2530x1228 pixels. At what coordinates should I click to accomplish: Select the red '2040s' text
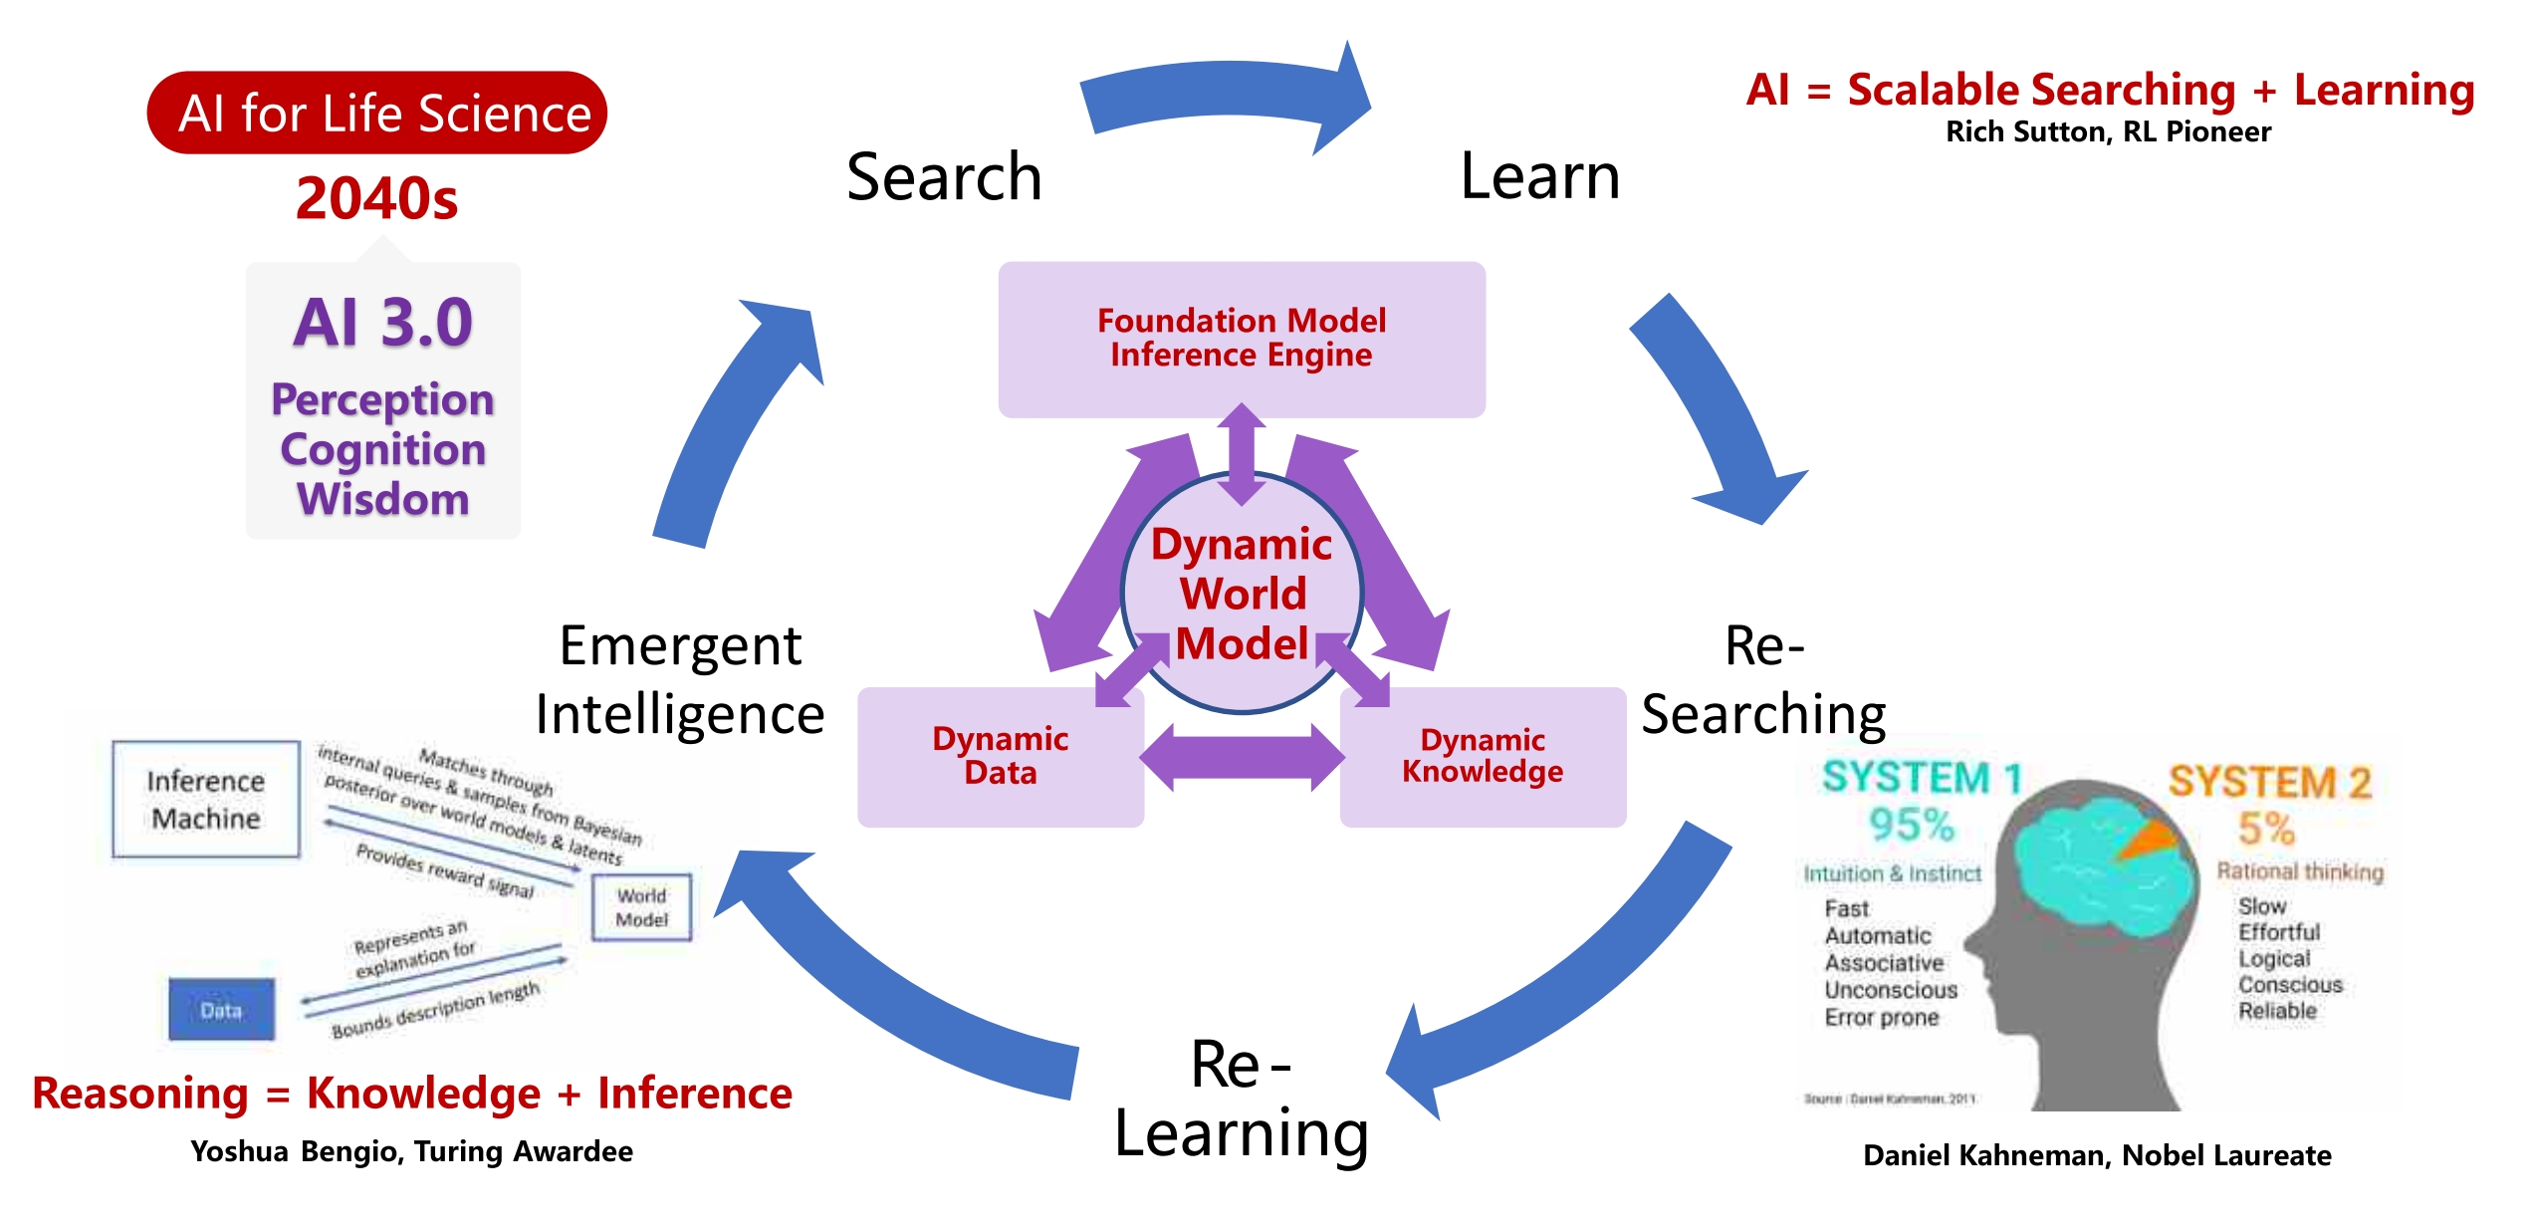tap(376, 198)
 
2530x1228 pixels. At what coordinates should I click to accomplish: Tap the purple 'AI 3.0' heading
tap(383, 323)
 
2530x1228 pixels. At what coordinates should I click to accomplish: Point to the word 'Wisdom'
tap(383, 499)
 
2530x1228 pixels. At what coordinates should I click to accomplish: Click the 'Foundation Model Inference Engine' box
tap(1241, 339)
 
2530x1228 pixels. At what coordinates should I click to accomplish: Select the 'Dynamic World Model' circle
tap(1242, 594)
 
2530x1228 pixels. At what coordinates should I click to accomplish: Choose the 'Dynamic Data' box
tap(1000, 756)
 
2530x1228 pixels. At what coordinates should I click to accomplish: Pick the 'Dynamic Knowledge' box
tap(1483, 756)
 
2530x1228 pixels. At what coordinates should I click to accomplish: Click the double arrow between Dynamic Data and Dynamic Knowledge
tap(1242, 758)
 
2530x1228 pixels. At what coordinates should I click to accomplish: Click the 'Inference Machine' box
tap(206, 799)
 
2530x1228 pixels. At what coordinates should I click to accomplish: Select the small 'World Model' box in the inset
tap(641, 907)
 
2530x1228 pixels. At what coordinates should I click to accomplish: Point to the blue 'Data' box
tap(221, 1010)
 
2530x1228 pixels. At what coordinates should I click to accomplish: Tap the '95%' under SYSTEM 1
tap(1912, 825)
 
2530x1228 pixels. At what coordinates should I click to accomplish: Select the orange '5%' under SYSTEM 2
tap(2267, 829)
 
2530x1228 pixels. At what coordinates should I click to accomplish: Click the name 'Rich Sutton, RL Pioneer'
tap(2108, 131)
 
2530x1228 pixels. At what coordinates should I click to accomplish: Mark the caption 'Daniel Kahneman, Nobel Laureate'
tap(2097, 1155)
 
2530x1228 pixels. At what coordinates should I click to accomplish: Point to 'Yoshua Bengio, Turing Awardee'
tap(411, 1151)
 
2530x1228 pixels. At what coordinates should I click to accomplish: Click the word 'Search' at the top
tap(944, 176)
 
